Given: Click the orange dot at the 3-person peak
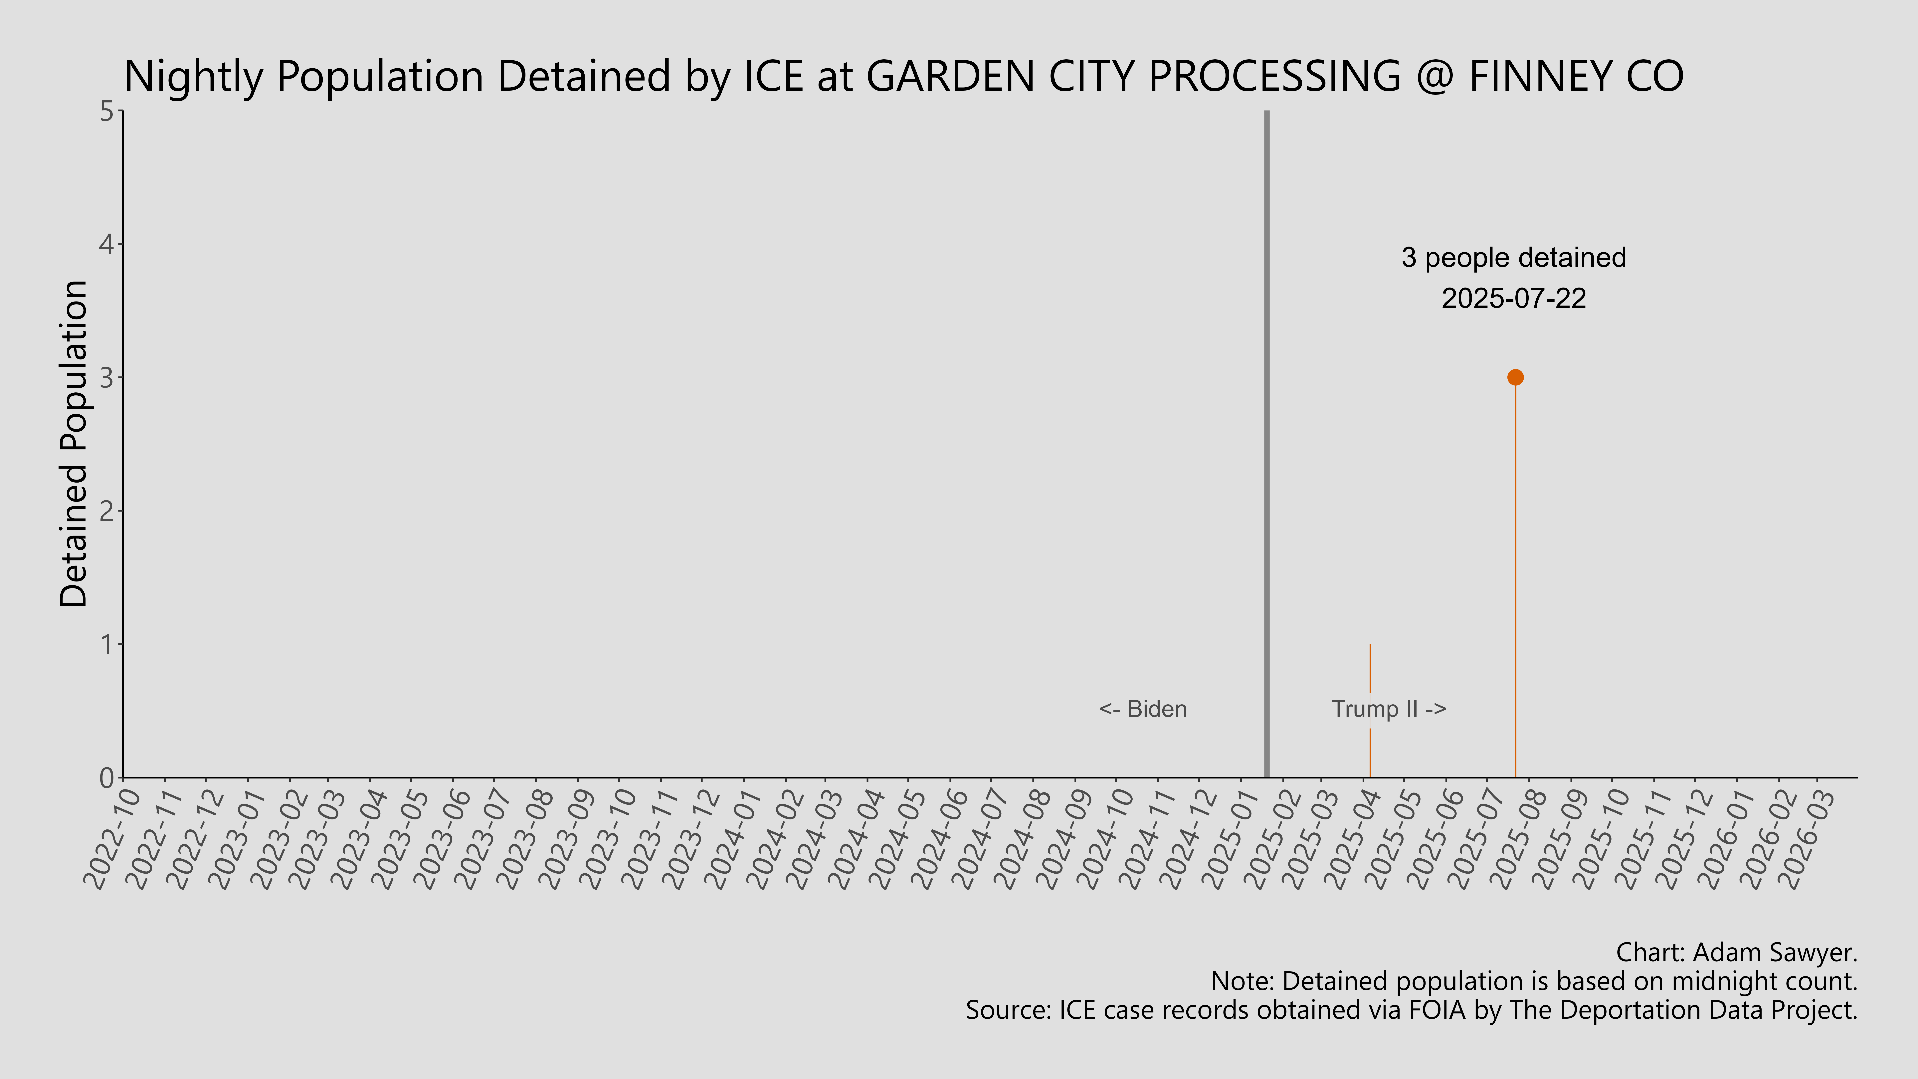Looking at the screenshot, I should (x=1515, y=377).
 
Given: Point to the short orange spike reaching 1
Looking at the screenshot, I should (x=1370, y=670).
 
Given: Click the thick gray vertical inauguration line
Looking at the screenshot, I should (x=1266, y=447).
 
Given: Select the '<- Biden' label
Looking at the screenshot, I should (x=1143, y=709).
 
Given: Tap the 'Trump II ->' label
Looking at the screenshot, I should (x=1389, y=709).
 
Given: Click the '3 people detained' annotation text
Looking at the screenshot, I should (x=1514, y=258).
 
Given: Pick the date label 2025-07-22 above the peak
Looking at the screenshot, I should (x=1514, y=299).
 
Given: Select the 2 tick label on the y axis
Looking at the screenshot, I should (x=106, y=511).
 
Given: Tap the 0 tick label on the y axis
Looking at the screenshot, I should (x=106, y=777).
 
